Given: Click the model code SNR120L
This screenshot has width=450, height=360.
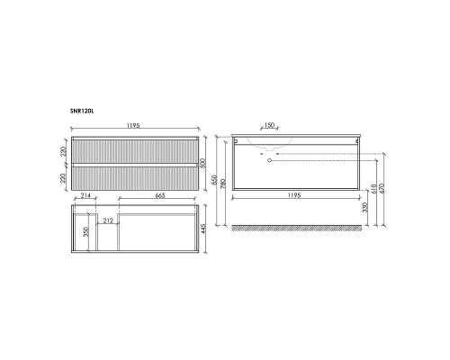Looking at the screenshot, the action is point(82,111).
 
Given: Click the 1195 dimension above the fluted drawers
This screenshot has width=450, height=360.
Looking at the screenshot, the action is point(133,126).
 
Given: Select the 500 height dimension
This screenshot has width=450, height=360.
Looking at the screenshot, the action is point(203,163).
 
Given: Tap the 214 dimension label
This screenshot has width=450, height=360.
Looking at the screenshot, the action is point(85,195).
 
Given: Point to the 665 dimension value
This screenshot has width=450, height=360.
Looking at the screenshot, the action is point(160,195).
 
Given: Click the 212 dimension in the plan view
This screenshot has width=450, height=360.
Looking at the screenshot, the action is point(108,220).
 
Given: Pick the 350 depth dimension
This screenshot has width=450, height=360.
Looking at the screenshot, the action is point(86,232).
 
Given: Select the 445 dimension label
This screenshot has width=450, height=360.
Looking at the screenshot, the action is point(203,229).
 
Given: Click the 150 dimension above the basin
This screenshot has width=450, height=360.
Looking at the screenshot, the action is point(269,125).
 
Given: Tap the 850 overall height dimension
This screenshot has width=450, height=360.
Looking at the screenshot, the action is point(215,180).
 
